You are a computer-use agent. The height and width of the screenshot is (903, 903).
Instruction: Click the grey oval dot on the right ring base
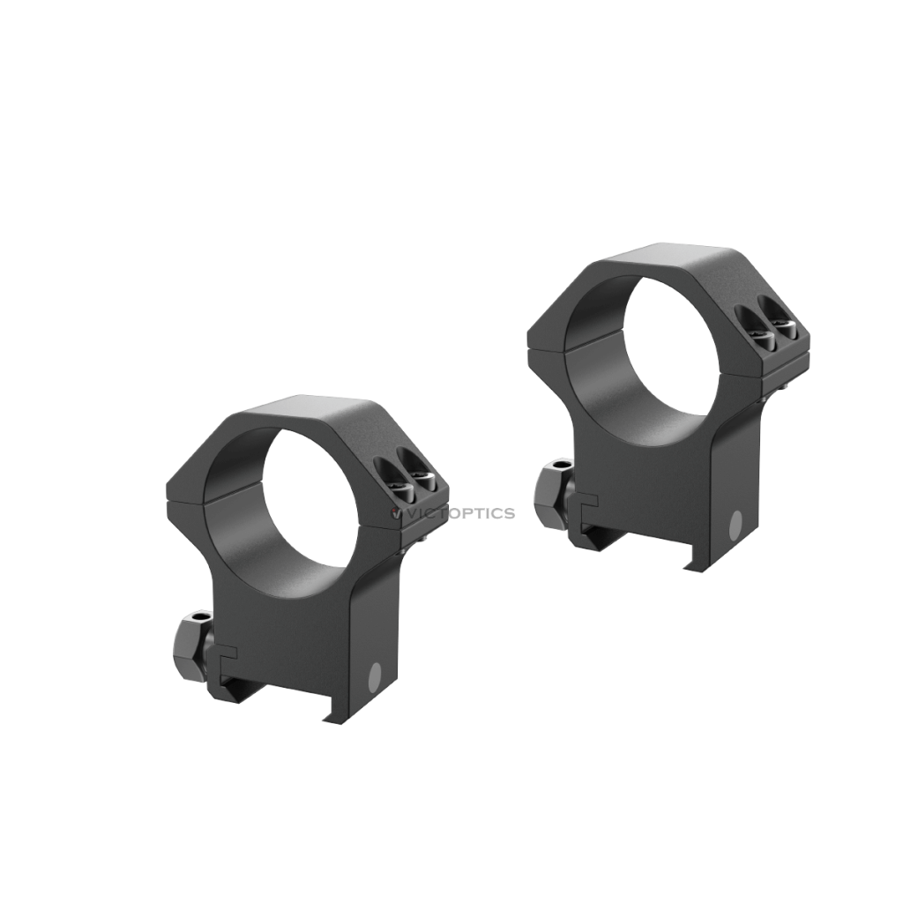click(x=735, y=526)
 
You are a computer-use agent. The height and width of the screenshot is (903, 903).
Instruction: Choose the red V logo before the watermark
click(x=394, y=513)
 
